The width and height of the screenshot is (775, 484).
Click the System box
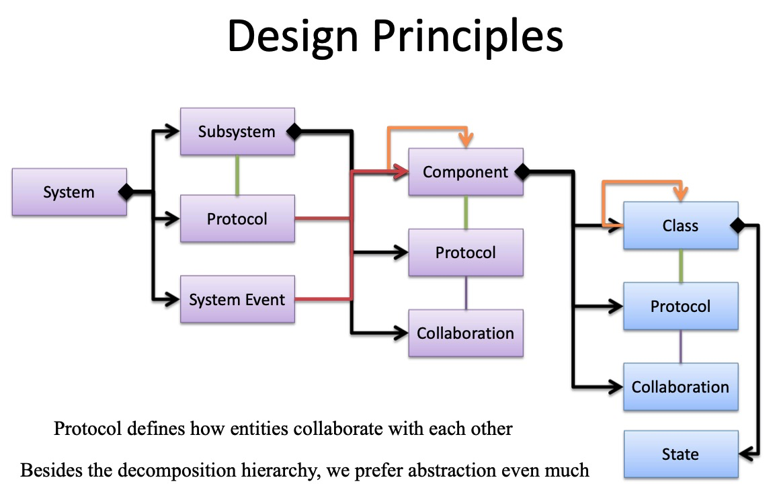[69, 192]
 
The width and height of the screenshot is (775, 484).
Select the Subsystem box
[237, 132]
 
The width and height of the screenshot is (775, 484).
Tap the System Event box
[237, 300]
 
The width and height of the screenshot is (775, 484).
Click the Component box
[466, 172]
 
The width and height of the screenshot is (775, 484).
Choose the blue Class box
[680, 226]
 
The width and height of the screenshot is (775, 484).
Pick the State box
[680, 454]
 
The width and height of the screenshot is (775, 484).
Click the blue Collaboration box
[680, 387]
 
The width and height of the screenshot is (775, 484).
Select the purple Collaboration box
[466, 333]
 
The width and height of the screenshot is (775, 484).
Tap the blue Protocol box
[680, 307]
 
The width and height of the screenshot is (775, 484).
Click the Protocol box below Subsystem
[237, 219]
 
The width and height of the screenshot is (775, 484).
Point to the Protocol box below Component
[466, 253]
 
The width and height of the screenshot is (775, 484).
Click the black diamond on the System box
[126, 192]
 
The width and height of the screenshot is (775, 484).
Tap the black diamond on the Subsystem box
[294, 132]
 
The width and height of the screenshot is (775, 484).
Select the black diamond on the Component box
[522, 172]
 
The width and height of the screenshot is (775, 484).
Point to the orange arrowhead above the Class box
[680, 195]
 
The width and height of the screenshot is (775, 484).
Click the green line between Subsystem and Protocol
[237, 175]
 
